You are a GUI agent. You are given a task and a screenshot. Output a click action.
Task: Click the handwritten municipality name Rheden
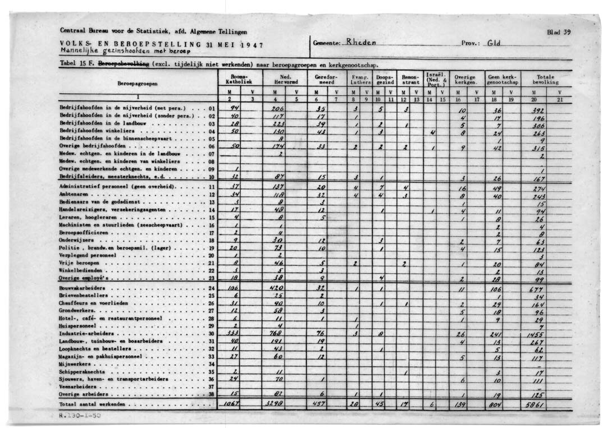361,42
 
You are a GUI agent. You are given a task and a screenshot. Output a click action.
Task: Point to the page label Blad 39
559,33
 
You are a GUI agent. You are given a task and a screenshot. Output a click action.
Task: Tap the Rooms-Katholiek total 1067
232,404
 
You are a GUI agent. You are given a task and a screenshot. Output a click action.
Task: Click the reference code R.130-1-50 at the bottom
80,416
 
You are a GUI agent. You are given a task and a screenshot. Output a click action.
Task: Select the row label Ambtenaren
75,195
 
